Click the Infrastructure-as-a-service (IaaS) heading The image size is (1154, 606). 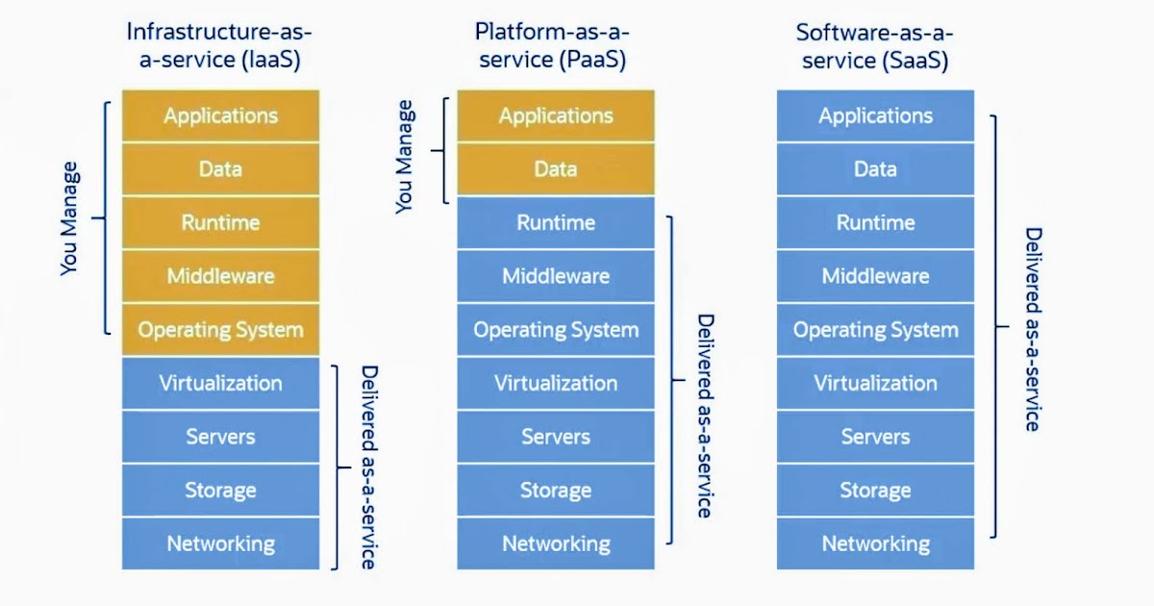pyautogui.click(x=220, y=45)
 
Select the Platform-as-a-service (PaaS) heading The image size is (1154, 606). pyautogui.click(x=555, y=45)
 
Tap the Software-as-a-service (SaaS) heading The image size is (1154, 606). pyautogui.click(x=875, y=45)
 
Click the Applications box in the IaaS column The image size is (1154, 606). pyautogui.click(x=220, y=116)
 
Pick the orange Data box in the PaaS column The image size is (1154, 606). pyautogui.click(x=555, y=169)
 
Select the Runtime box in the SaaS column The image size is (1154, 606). pyautogui.click(x=875, y=223)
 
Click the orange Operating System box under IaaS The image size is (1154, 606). pyautogui.click(x=220, y=330)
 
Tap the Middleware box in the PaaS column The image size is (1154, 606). pyautogui.click(x=555, y=277)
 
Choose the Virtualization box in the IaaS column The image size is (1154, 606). pyautogui.click(x=220, y=384)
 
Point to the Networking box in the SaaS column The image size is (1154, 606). pyautogui.click(x=875, y=543)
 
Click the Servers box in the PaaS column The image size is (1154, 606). pyautogui.click(x=555, y=437)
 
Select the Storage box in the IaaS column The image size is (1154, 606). pyautogui.click(x=220, y=491)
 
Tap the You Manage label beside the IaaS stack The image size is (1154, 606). pyautogui.click(x=70, y=218)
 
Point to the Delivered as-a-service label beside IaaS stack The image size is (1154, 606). pyautogui.click(x=368, y=467)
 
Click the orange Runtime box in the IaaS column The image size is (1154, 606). pyautogui.click(x=220, y=223)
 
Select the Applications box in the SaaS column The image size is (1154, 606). pyautogui.click(x=875, y=116)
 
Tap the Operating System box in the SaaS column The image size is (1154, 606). pyautogui.click(x=875, y=330)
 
